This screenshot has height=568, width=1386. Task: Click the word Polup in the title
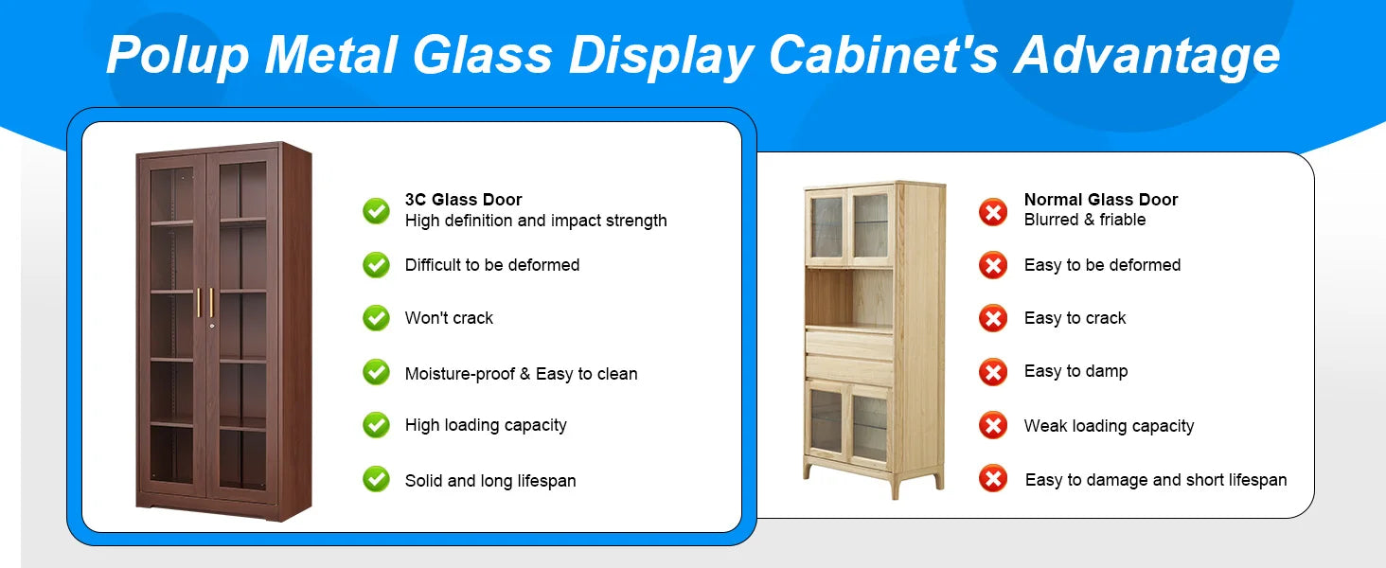tap(178, 56)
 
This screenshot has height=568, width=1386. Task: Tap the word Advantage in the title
tap(1146, 55)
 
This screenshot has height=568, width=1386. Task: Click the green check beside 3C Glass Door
tap(376, 211)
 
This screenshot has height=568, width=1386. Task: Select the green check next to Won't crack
tap(376, 318)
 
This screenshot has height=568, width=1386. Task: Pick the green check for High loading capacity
tap(376, 425)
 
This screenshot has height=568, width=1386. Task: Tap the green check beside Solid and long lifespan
tap(376, 479)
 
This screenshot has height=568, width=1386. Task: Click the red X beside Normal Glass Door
tap(993, 212)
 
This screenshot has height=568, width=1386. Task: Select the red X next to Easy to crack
tap(993, 319)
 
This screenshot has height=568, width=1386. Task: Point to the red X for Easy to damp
tap(993, 372)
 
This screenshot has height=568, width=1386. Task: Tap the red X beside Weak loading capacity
tap(993, 426)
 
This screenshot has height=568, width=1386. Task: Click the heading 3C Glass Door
tap(464, 199)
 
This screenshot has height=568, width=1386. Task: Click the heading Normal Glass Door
tap(1101, 199)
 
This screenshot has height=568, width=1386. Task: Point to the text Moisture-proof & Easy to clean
tap(521, 374)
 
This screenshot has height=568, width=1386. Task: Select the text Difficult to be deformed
tap(492, 265)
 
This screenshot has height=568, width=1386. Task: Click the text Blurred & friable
tap(1085, 220)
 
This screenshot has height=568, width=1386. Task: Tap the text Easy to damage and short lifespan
tap(1156, 480)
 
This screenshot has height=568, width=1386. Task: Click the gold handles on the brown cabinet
tap(205, 303)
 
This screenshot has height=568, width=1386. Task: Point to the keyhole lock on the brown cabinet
tap(212, 326)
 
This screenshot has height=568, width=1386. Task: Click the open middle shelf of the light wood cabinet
tap(849, 297)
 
